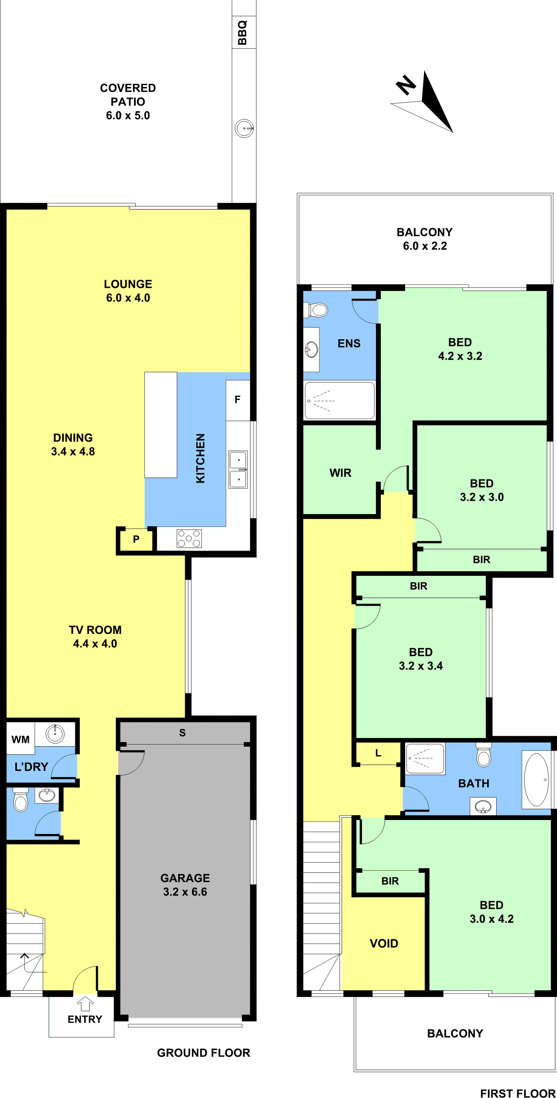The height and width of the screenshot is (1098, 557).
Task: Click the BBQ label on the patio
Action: pos(242,32)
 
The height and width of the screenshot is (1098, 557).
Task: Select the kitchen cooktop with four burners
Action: pos(189,538)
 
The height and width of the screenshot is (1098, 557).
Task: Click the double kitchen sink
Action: pos(238,469)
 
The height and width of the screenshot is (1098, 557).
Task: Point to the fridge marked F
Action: pos(237,400)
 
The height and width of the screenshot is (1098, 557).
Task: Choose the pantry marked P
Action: pos(136,539)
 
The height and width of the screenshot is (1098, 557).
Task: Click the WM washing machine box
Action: pos(20,739)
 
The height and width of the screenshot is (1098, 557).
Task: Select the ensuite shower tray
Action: pos(339,401)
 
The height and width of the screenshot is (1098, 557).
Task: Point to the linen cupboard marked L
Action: pos(378,753)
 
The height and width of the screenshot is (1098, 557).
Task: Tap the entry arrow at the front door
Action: pos(85,1004)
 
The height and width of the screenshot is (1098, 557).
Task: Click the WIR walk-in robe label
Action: pos(340,473)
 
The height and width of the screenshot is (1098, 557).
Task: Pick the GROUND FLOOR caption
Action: pos(204,1053)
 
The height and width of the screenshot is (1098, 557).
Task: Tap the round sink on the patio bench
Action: pos(244,128)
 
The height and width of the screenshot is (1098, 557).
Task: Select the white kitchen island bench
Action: pos(160,425)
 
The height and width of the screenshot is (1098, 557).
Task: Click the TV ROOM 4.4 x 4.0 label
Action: pos(95,637)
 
